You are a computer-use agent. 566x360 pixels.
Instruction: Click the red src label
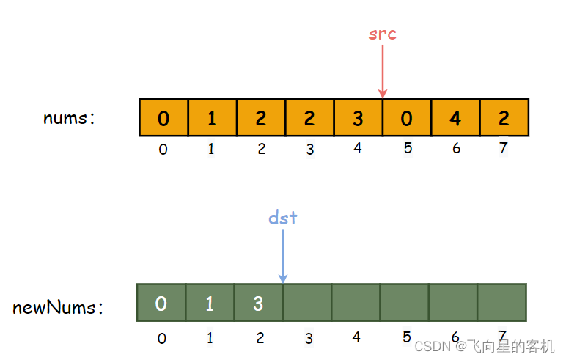(x=382, y=34)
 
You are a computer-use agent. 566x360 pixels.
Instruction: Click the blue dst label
(x=283, y=218)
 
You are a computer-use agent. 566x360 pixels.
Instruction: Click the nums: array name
(x=69, y=117)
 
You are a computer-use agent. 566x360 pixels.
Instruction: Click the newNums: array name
(x=58, y=307)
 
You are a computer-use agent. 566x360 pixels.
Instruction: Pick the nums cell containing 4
(x=455, y=117)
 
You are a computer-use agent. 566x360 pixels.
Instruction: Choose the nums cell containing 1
(x=213, y=117)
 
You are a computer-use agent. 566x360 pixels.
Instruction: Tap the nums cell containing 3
(x=358, y=117)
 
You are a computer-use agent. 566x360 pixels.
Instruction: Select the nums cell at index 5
(x=407, y=117)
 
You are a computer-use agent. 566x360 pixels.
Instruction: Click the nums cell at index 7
(x=504, y=117)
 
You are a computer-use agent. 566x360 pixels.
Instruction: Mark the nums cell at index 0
(x=163, y=117)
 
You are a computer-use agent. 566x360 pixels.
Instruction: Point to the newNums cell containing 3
(x=258, y=303)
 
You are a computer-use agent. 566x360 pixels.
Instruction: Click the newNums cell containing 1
(x=210, y=303)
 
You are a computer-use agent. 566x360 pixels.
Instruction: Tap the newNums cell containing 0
(x=161, y=303)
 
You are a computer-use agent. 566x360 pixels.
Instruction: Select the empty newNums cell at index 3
(x=307, y=303)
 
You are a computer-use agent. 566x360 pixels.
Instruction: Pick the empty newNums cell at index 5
(x=404, y=303)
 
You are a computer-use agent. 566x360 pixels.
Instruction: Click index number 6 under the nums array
(x=456, y=148)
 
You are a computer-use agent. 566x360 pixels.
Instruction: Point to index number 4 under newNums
(x=356, y=337)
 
